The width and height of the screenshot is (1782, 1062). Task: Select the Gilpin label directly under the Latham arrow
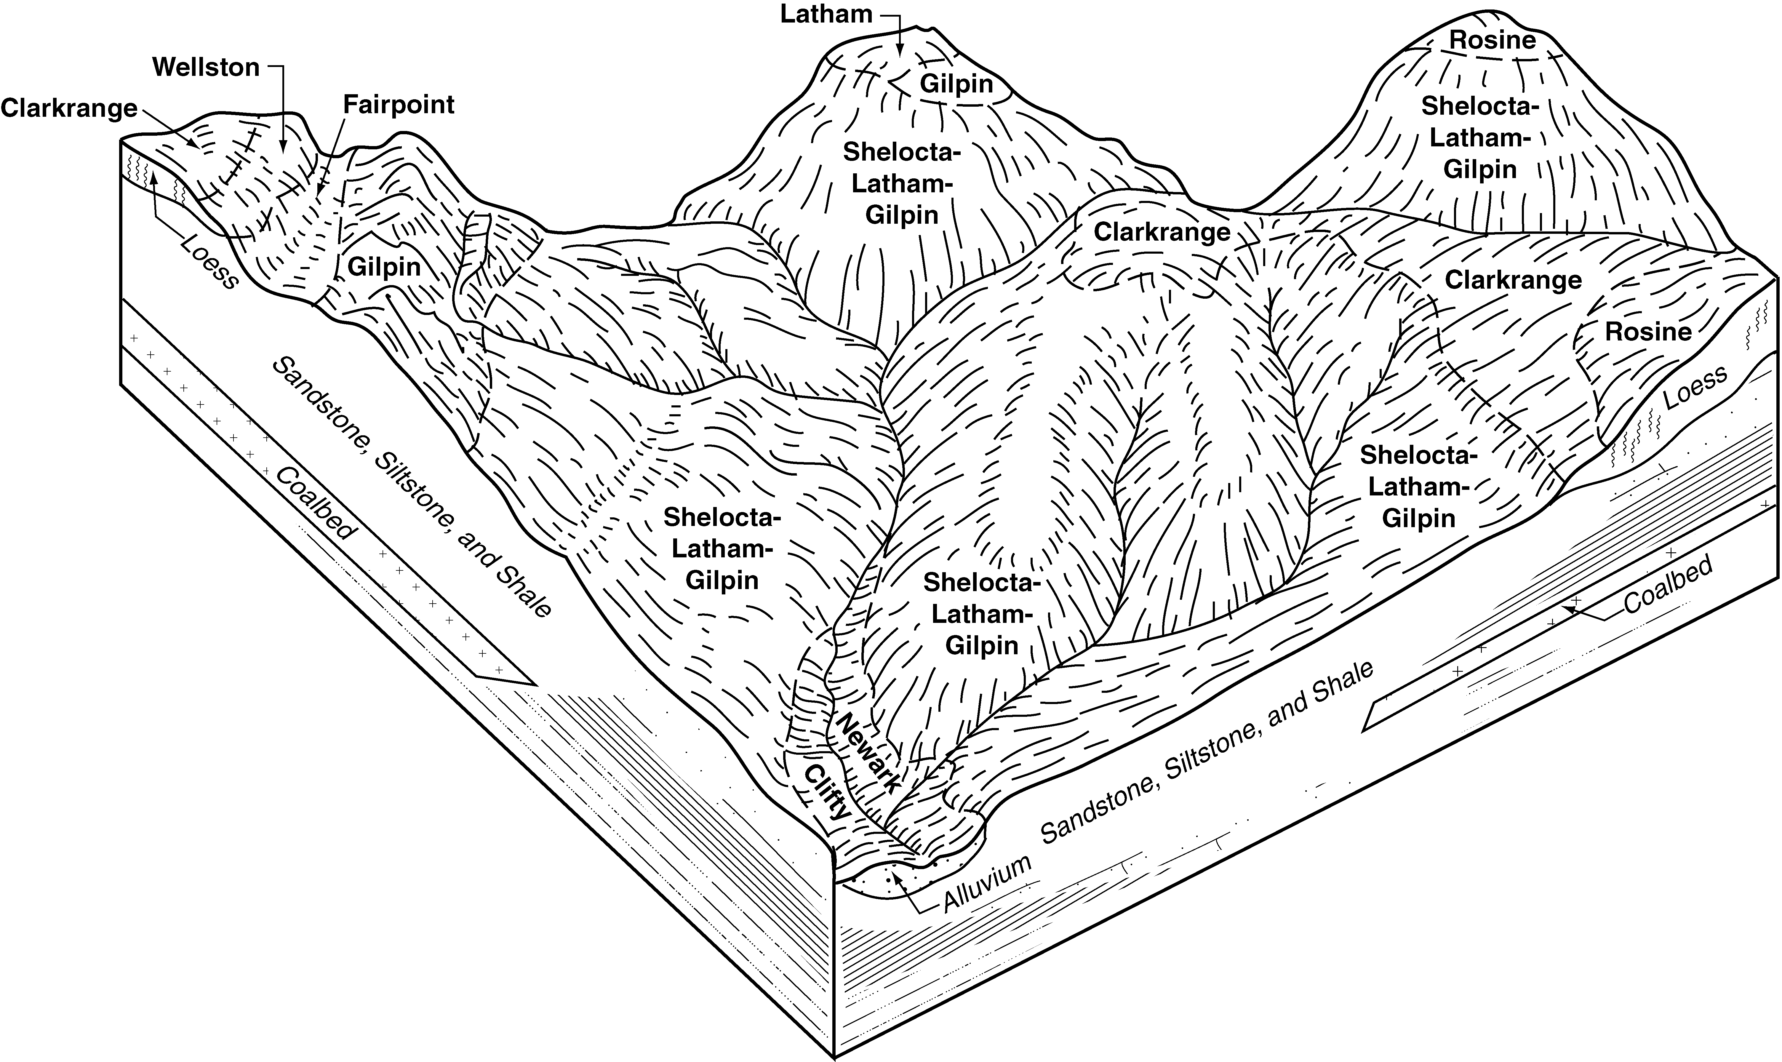tap(956, 84)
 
